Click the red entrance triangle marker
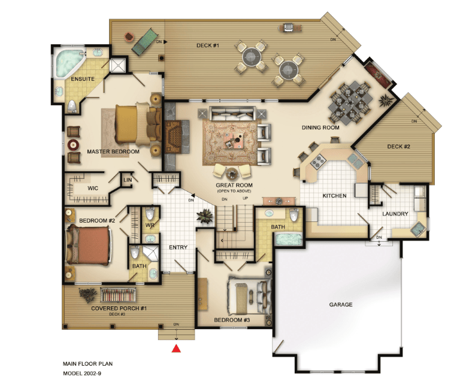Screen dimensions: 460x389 coord(176,348)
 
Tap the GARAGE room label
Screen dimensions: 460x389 coord(341,305)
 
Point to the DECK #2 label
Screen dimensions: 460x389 coord(398,146)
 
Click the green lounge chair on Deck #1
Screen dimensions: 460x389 coord(143,42)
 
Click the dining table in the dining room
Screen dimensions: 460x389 coord(350,102)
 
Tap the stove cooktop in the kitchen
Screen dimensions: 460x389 coord(318,161)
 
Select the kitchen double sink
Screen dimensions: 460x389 coord(356,161)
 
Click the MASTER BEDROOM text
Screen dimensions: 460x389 coord(113,151)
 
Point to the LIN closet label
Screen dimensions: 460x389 coord(128,180)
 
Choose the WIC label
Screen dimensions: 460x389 coord(93,188)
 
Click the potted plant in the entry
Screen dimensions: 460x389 coord(205,216)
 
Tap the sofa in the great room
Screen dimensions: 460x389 coord(232,114)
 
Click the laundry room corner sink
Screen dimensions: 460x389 coord(417,229)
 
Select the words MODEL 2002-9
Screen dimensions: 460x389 coord(82,373)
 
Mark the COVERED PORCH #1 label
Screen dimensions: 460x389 coord(119,308)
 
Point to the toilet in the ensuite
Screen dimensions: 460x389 coord(72,106)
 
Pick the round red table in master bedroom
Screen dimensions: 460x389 coord(73,144)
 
